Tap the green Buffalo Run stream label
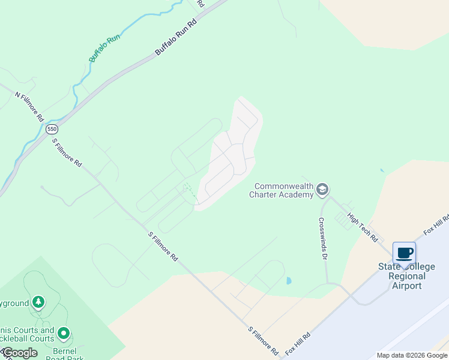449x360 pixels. point(104,48)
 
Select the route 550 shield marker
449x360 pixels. point(52,129)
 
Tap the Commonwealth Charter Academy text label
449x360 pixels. point(284,190)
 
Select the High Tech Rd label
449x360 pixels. point(363,229)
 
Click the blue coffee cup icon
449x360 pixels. point(404,252)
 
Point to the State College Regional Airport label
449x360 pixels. point(406,276)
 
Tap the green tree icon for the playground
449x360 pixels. point(38,301)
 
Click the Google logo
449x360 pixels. point(20,353)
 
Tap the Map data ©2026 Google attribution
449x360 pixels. point(412,355)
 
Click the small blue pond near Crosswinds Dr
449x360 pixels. point(289,280)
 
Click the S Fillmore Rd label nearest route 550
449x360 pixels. point(67,152)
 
